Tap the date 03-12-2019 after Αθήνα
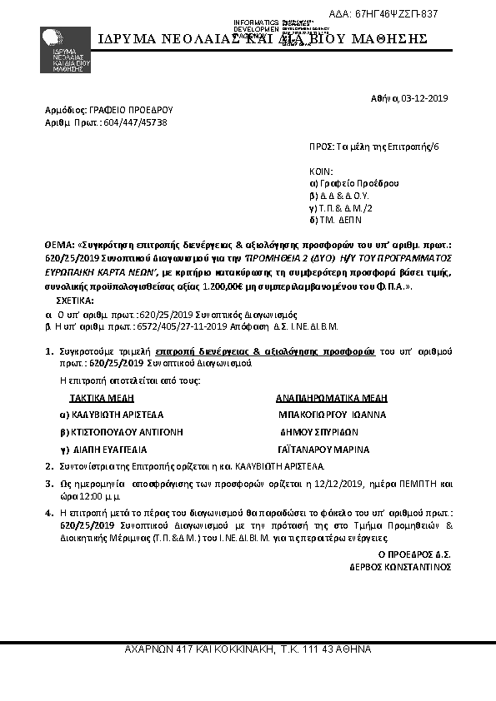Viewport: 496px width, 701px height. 425,98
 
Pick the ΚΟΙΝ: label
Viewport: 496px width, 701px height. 320,170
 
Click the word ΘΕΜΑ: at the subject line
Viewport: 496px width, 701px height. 60,247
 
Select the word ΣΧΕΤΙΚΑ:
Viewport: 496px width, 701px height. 75,299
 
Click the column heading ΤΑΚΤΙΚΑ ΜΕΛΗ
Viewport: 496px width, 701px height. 107,397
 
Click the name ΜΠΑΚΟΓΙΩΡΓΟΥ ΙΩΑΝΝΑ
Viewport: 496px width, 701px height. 333,414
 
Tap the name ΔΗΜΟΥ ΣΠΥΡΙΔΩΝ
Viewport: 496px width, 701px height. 319,432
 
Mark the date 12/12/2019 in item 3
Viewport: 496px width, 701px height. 340,483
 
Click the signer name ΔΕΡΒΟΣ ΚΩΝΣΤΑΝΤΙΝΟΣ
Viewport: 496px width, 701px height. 401,566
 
